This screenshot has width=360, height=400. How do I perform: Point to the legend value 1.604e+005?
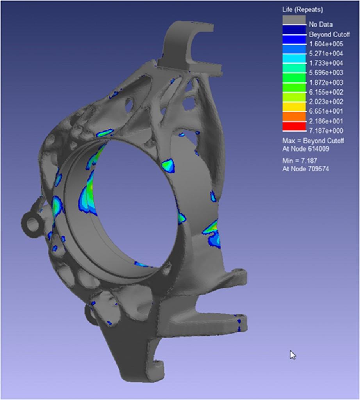click(326, 44)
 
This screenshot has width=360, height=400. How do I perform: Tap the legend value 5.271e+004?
click(326, 54)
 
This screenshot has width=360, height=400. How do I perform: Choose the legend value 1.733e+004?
click(326, 63)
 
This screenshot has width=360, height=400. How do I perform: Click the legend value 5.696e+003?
click(326, 73)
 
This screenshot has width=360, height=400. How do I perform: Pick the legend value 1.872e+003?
click(326, 82)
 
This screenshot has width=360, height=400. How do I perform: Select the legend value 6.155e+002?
click(326, 92)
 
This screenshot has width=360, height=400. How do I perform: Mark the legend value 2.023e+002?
click(326, 102)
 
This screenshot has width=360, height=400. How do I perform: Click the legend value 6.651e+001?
click(326, 111)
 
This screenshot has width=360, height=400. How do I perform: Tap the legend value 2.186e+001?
click(326, 121)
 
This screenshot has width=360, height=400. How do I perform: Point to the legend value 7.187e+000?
click(326, 130)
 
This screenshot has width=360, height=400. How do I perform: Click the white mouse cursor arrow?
click(292, 354)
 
